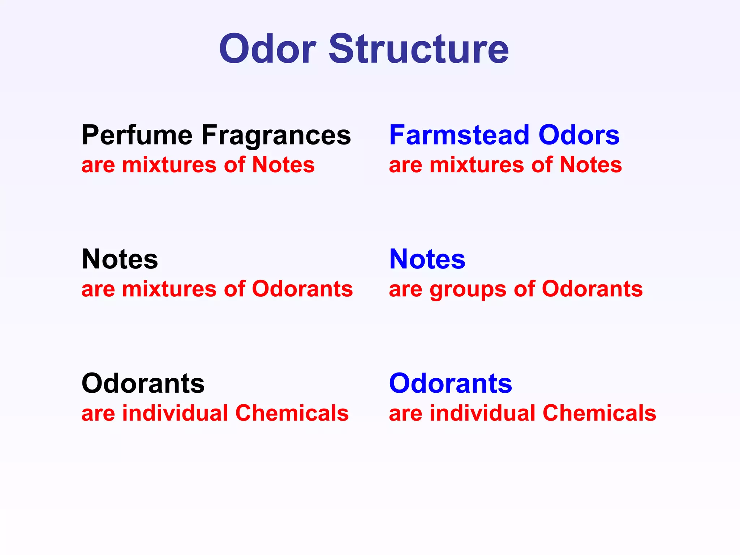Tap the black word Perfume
(x=137, y=135)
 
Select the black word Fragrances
(x=276, y=135)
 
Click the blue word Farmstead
(x=459, y=135)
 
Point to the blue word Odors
(x=579, y=135)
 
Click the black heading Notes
(x=120, y=259)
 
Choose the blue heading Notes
(x=427, y=259)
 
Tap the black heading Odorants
(x=143, y=383)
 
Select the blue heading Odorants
(x=451, y=383)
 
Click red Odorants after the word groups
(x=592, y=289)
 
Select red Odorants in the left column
(x=302, y=289)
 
